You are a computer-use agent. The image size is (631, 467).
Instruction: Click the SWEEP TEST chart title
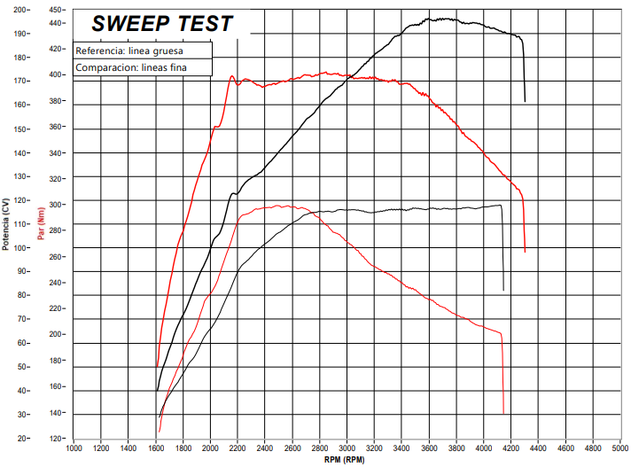tap(161, 24)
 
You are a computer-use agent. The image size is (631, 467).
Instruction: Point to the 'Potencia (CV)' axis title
tap(5, 222)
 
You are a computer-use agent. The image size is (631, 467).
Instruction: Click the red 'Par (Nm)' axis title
tap(42, 222)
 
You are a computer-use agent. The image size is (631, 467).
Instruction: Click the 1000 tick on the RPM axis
tap(74, 448)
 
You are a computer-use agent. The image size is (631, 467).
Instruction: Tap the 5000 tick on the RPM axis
tap(620, 448)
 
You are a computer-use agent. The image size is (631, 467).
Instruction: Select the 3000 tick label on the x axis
tap(347, 448)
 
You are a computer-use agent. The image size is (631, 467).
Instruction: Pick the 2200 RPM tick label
tap(238, 448)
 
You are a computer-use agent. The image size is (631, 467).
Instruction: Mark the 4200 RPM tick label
tap(511, 448)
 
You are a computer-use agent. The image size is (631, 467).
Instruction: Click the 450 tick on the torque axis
tap(56, 10)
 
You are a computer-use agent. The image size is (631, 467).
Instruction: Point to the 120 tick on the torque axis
tap(56, 439)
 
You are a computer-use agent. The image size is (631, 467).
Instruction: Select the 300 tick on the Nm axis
tap(56, 205)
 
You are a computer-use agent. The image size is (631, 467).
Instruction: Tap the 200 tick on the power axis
tap(20, 10)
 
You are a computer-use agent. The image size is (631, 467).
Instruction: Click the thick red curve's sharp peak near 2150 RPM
tap(231, 76)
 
